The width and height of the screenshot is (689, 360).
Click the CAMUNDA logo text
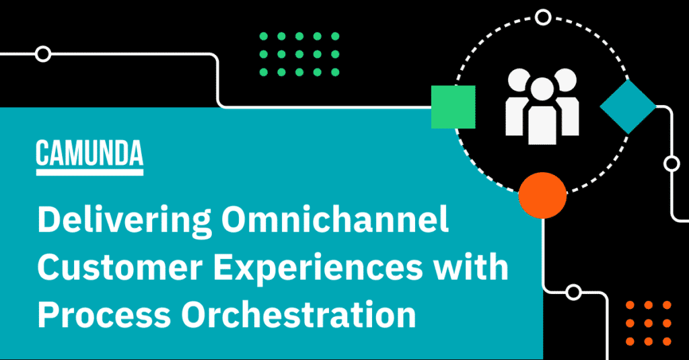(x=89, y=154)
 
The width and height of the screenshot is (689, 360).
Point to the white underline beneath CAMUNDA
(x=89, y=172)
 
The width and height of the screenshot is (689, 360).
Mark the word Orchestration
(x=307, y=314)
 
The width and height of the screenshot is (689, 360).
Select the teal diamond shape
(x=628, y=106)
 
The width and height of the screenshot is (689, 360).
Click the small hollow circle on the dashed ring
(x=542, y=17)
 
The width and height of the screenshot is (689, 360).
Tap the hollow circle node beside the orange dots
(x=573, y=292)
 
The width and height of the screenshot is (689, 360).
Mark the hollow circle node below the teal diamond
(x=671, y=164)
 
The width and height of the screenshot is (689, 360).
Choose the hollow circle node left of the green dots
(x=43, y=54)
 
